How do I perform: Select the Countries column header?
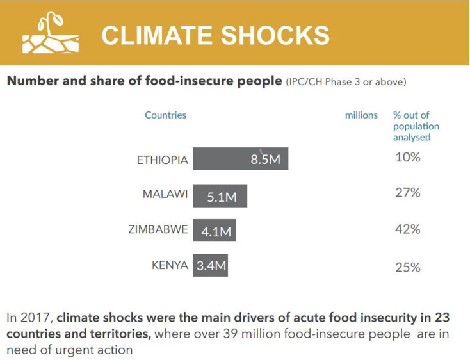click(165, 115)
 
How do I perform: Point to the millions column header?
click(361, 115)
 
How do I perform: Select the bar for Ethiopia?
click(240, 159)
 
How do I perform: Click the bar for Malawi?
click(220, 196)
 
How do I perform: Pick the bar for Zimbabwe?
click(214, 231)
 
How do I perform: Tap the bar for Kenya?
click(210, 265)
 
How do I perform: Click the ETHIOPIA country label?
click(163, 160)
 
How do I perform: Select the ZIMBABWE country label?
click(158, 229)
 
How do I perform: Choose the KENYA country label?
click(170, 265)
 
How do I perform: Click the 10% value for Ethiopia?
click(407, 157)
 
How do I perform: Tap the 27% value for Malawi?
click(407, 192)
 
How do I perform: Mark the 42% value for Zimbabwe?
click(407, 229)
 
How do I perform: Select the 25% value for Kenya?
click(407, 267)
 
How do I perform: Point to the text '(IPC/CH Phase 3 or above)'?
click(346, 82)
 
